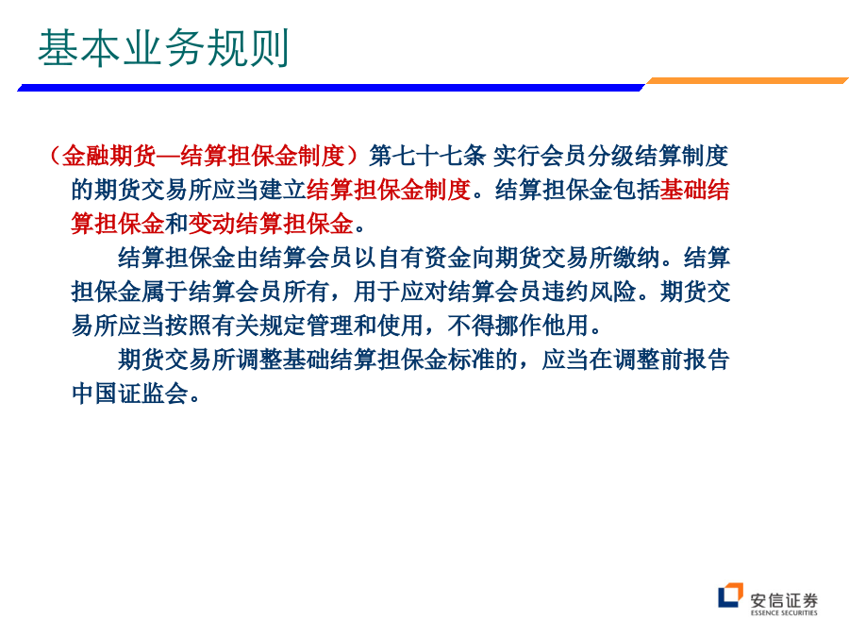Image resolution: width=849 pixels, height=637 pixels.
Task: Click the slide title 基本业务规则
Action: tap(163, 48)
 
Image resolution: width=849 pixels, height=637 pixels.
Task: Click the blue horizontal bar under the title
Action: tap(331, 87)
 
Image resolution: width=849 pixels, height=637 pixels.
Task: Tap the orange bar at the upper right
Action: tap(747, 81)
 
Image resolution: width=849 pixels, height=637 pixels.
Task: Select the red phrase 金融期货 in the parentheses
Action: tap(108, 156)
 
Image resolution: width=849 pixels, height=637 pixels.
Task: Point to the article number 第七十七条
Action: tap(427, 156)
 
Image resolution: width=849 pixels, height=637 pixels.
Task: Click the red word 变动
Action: tap(211, 224)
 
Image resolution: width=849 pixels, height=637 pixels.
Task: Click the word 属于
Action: tap(164, 292)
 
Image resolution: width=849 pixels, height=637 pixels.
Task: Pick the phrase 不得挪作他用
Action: tap(518, 326)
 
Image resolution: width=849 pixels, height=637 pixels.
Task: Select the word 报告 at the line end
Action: tap(707, 360)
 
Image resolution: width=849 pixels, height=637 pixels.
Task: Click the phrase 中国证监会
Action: tap(129, 394)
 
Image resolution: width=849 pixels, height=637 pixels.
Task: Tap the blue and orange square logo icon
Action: tap(730, 595)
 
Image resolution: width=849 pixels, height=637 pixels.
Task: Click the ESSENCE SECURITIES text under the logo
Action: tap(784, 613)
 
